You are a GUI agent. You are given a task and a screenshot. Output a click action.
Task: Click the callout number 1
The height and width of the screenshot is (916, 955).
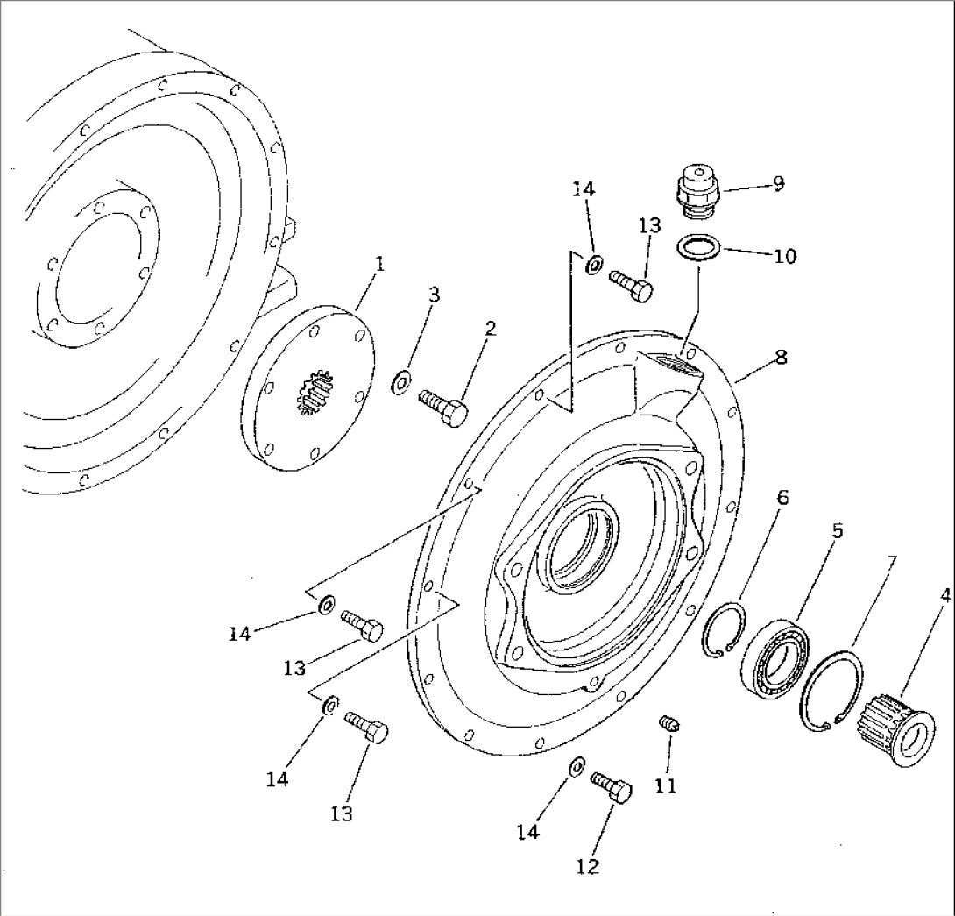(x=380, y=265)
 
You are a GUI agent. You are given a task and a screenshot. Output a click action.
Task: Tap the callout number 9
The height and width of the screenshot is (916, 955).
(x=778, y=183)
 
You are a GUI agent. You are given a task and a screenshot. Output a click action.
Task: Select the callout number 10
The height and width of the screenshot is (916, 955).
(x=785, y=257)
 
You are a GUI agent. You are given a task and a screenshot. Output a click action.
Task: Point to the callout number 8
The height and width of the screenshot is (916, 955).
(x=781, y=357)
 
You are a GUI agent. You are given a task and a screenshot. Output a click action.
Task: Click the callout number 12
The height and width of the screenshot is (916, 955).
(x=588, y=866)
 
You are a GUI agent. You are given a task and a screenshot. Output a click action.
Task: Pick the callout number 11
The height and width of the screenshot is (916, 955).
(x=666, y=786)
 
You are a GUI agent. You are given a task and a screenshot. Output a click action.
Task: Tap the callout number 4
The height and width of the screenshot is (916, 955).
(x=944, y=596)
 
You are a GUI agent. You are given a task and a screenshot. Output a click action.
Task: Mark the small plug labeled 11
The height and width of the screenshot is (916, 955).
(x=670, y=723)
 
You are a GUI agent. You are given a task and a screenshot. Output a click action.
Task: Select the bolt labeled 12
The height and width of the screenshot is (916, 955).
(x=612, y=788)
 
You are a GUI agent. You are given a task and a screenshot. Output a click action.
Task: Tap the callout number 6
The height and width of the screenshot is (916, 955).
(x=782, y=498)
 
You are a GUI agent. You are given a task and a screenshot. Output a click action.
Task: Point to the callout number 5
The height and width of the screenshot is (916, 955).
(x=838, y=531)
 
